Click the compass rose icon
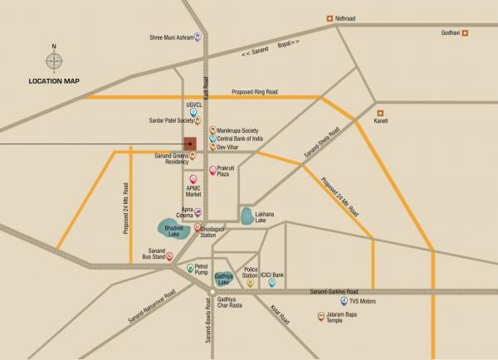click(54, 61)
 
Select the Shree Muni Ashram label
click(169, 36)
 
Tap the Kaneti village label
click(381, 122)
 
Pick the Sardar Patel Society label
click(171, 120)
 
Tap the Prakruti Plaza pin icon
click(212, 169)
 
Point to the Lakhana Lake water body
click(247, 216)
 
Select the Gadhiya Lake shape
click(222, 279)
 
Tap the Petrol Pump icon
click(190, 267)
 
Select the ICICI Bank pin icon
click(271, 283)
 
